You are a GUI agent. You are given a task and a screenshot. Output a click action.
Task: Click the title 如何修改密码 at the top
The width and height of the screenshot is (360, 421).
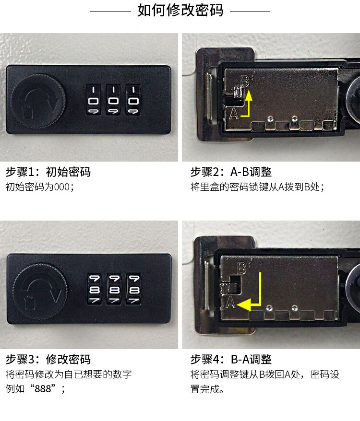click(x=180, y=11)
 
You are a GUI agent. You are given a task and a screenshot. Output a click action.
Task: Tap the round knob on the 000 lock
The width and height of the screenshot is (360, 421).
click(x=38, y=101)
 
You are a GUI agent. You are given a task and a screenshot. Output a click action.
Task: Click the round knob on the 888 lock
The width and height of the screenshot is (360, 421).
click(x=40, y=291)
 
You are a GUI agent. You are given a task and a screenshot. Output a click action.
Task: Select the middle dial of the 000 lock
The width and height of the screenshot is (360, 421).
click(x=113, y=100)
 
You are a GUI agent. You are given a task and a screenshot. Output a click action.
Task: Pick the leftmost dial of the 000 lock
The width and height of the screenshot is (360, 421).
click(x=93, y=100)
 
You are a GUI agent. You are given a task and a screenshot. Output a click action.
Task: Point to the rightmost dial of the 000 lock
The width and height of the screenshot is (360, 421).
click(x=133, y=100)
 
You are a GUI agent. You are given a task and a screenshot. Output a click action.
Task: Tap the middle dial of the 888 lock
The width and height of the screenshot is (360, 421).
click(x=114, y=289)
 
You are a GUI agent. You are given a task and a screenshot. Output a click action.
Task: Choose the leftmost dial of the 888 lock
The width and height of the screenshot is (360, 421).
click(x=95, y=289)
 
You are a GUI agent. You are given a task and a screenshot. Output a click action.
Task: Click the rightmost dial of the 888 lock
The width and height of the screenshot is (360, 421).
click(x=134, y=289)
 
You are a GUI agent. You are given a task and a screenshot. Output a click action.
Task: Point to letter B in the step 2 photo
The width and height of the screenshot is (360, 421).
click(x=245, y=81)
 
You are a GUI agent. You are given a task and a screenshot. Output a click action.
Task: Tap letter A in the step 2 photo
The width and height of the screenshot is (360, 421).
click(x=234, y=113)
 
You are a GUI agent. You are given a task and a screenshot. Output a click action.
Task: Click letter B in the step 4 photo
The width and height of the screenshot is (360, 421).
click(x=242, y=268)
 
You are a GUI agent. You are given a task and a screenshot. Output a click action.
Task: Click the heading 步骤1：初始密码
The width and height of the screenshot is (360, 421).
click(x=48, y=172)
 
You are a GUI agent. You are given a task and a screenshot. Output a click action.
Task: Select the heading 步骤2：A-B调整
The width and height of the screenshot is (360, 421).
click(x=231, y=172)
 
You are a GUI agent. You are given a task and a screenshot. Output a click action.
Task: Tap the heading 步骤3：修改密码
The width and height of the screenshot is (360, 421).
click(x=48, y=360)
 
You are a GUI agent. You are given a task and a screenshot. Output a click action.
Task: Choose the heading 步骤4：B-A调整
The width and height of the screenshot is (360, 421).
click(x=231, y=360)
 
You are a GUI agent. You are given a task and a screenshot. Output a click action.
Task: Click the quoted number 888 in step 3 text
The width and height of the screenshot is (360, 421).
click(x=43, y=388)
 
